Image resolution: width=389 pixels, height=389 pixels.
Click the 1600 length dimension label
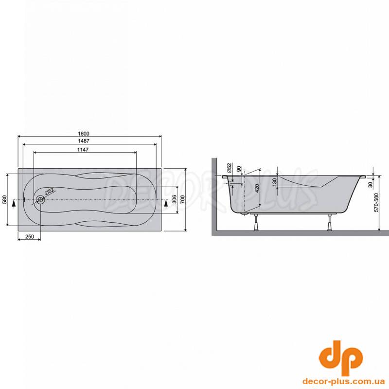[83, 133]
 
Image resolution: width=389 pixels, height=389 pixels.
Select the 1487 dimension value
[83, 141]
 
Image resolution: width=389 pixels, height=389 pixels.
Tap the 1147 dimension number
[83, 150]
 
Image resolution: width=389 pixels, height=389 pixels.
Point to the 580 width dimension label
[4, 200]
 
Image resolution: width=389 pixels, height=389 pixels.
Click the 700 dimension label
[182, 199]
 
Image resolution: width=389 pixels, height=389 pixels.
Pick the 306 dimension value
[175, 199]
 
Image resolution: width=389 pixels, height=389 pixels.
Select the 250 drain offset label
[30, 236]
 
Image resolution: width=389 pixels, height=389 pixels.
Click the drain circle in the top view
[40, 199]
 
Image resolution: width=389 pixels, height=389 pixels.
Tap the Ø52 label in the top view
[50, 192]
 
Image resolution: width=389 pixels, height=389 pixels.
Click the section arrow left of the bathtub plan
[14, 203]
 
